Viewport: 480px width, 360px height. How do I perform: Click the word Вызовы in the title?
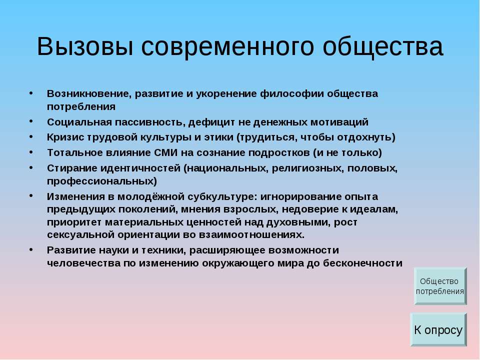click(85, 47)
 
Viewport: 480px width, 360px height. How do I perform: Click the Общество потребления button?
click(440, 286)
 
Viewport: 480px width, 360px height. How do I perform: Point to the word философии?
click(291, 93)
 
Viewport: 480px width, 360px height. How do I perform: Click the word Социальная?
click(79, 122)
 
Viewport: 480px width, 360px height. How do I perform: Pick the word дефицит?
click(211, 122)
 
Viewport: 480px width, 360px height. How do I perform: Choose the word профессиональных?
click(100, 181)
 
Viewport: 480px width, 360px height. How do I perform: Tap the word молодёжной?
click(150, 196)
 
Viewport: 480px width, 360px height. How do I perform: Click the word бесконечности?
click(362, 263)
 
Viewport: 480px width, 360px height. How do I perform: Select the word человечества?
click(83, 263)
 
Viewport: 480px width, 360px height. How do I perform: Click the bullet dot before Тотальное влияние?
click(31, 152)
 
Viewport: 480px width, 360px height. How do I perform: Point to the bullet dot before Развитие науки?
click(31, 249)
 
